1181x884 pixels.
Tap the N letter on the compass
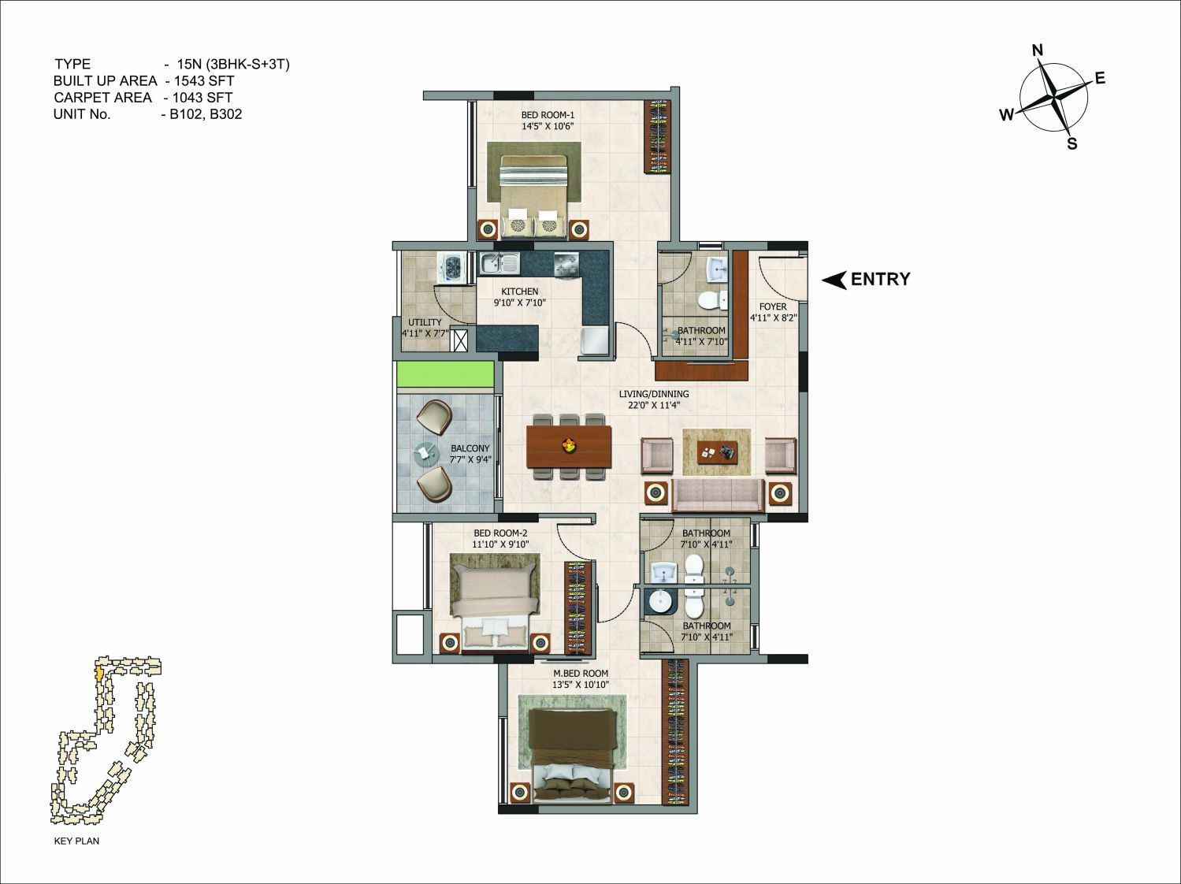(x=1038, y=50)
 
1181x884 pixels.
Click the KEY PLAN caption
(x=76, y=841)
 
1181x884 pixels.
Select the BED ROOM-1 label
(x=548, y=114)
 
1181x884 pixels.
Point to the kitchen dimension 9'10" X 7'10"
(x=520, y=303)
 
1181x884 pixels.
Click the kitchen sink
(x=500, y=263)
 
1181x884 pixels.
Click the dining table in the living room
(x=570, y=446)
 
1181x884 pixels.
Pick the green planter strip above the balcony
(x=445, y=374)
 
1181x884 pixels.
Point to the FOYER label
(x=773, y=306)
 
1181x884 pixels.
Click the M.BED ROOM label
(x=581, y=673)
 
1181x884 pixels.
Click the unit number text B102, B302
(x=206, y=114)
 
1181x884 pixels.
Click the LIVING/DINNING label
(x=654, y=394)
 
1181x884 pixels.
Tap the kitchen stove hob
(x=565, y=265)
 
